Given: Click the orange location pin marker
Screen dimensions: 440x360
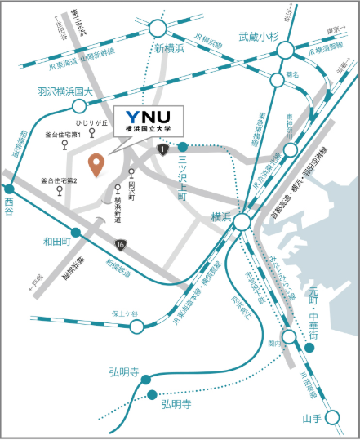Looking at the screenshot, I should pos(97,164).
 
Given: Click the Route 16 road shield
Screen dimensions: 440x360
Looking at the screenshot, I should pos(120,244).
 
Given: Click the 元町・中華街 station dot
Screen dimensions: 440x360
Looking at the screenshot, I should pos(313,347).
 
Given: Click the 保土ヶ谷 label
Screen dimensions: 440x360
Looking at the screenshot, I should pos(126,313).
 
